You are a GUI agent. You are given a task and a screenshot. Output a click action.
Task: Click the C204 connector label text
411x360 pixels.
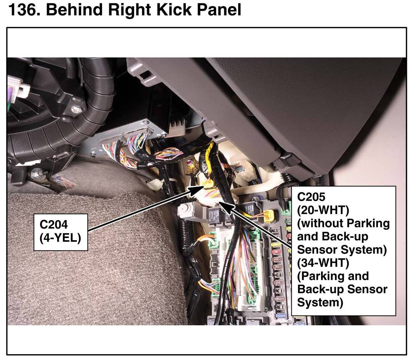pos(53,224)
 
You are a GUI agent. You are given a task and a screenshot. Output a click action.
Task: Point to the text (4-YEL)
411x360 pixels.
pos(60,238)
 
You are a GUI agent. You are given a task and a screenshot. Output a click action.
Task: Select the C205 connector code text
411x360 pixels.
pos(311,197)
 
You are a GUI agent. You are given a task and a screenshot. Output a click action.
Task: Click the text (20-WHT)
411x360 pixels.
pos(323,210)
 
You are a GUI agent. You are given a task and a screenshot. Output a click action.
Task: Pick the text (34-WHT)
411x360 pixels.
pos(323,263)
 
